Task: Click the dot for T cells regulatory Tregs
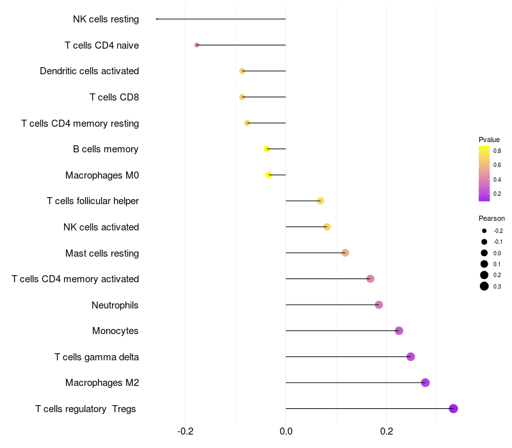(x=453, y=408)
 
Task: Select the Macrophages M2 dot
(x=425, y=383)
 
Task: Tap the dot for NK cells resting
(x=157, y=19)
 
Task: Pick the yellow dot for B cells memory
(x=267, y=149)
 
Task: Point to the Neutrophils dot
(x=379, y=305)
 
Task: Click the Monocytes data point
(x=399, y=331)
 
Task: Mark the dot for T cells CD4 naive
(x=196, y=45)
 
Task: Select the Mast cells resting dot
(x=345, y=253)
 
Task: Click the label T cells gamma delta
(x=97, y=356)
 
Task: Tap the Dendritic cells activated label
(x=90, y=71)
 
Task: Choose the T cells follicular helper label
(x=93, y=201)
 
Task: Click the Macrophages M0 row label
(x=102, y=175)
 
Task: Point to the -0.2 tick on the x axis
(x=186, y=431)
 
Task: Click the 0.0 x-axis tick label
(x=285, y=431)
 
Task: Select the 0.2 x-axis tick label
(x=387, y=431)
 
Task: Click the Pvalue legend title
(x=489, y=140)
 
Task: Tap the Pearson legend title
(x=492, y=218)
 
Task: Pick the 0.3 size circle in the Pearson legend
(x=484, y=286)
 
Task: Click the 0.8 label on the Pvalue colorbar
(x=497, y=151)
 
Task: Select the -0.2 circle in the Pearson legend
(x=484, y=230)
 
